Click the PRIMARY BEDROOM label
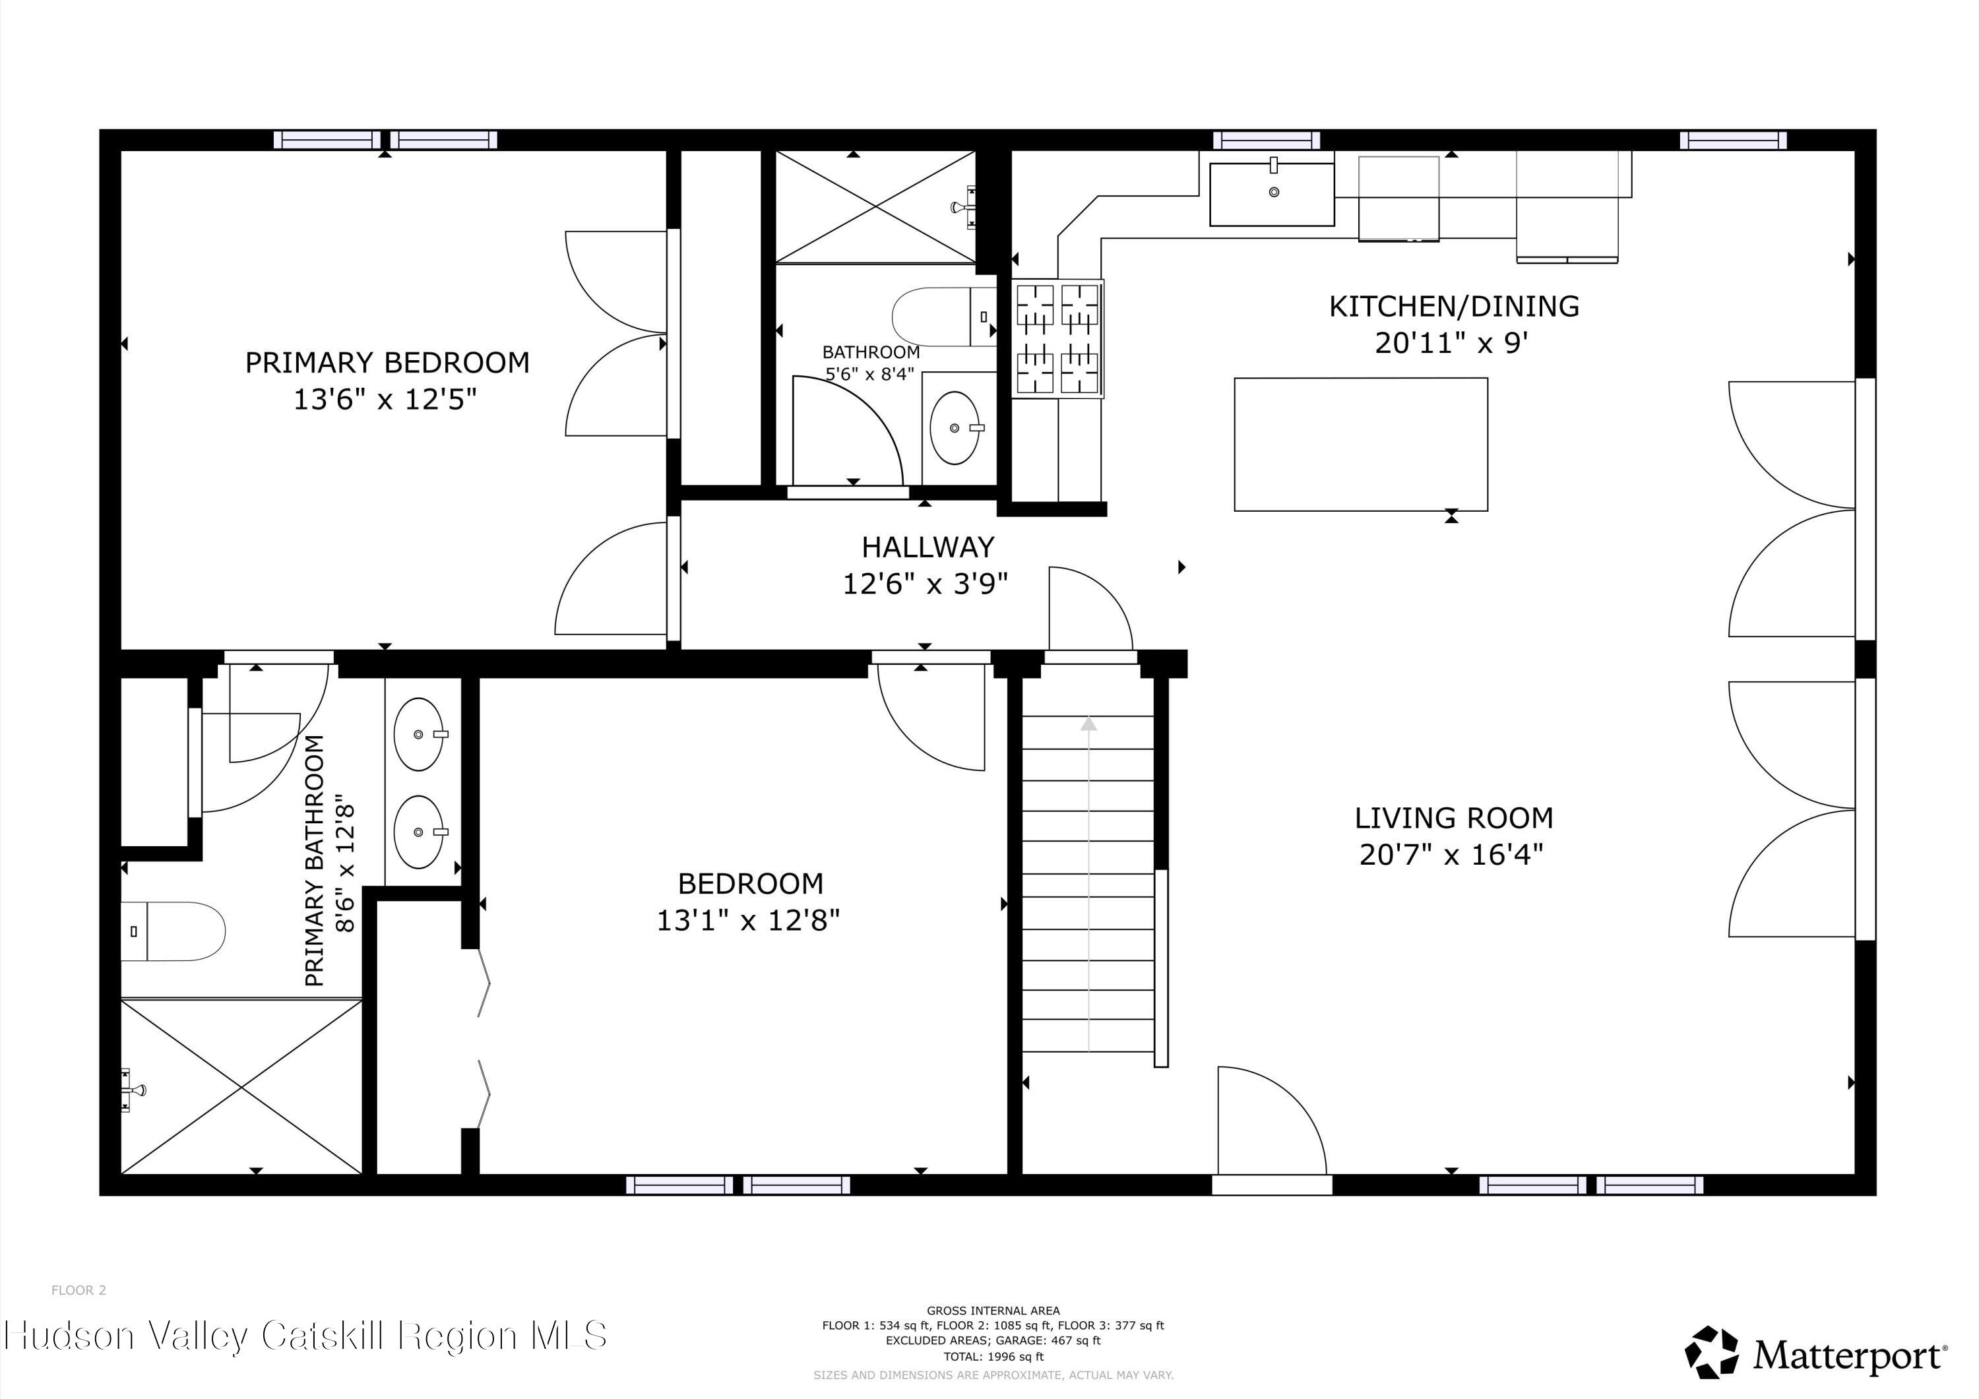[x=387, y=363]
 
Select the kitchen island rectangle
[x=1360, y=444]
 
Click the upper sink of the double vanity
[x=419, y=734]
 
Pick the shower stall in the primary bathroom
[x=241, y=1086]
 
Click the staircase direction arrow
[x=1088, y=725]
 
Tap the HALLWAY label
[x=927, y=547]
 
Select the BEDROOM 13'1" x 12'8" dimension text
[x=747, y=921]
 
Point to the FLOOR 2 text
[x=79, y=1290]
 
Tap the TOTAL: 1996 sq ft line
[x=993, y=1356]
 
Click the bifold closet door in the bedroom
[x=484, y=1039]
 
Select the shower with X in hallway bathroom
[x=875, y=207]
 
